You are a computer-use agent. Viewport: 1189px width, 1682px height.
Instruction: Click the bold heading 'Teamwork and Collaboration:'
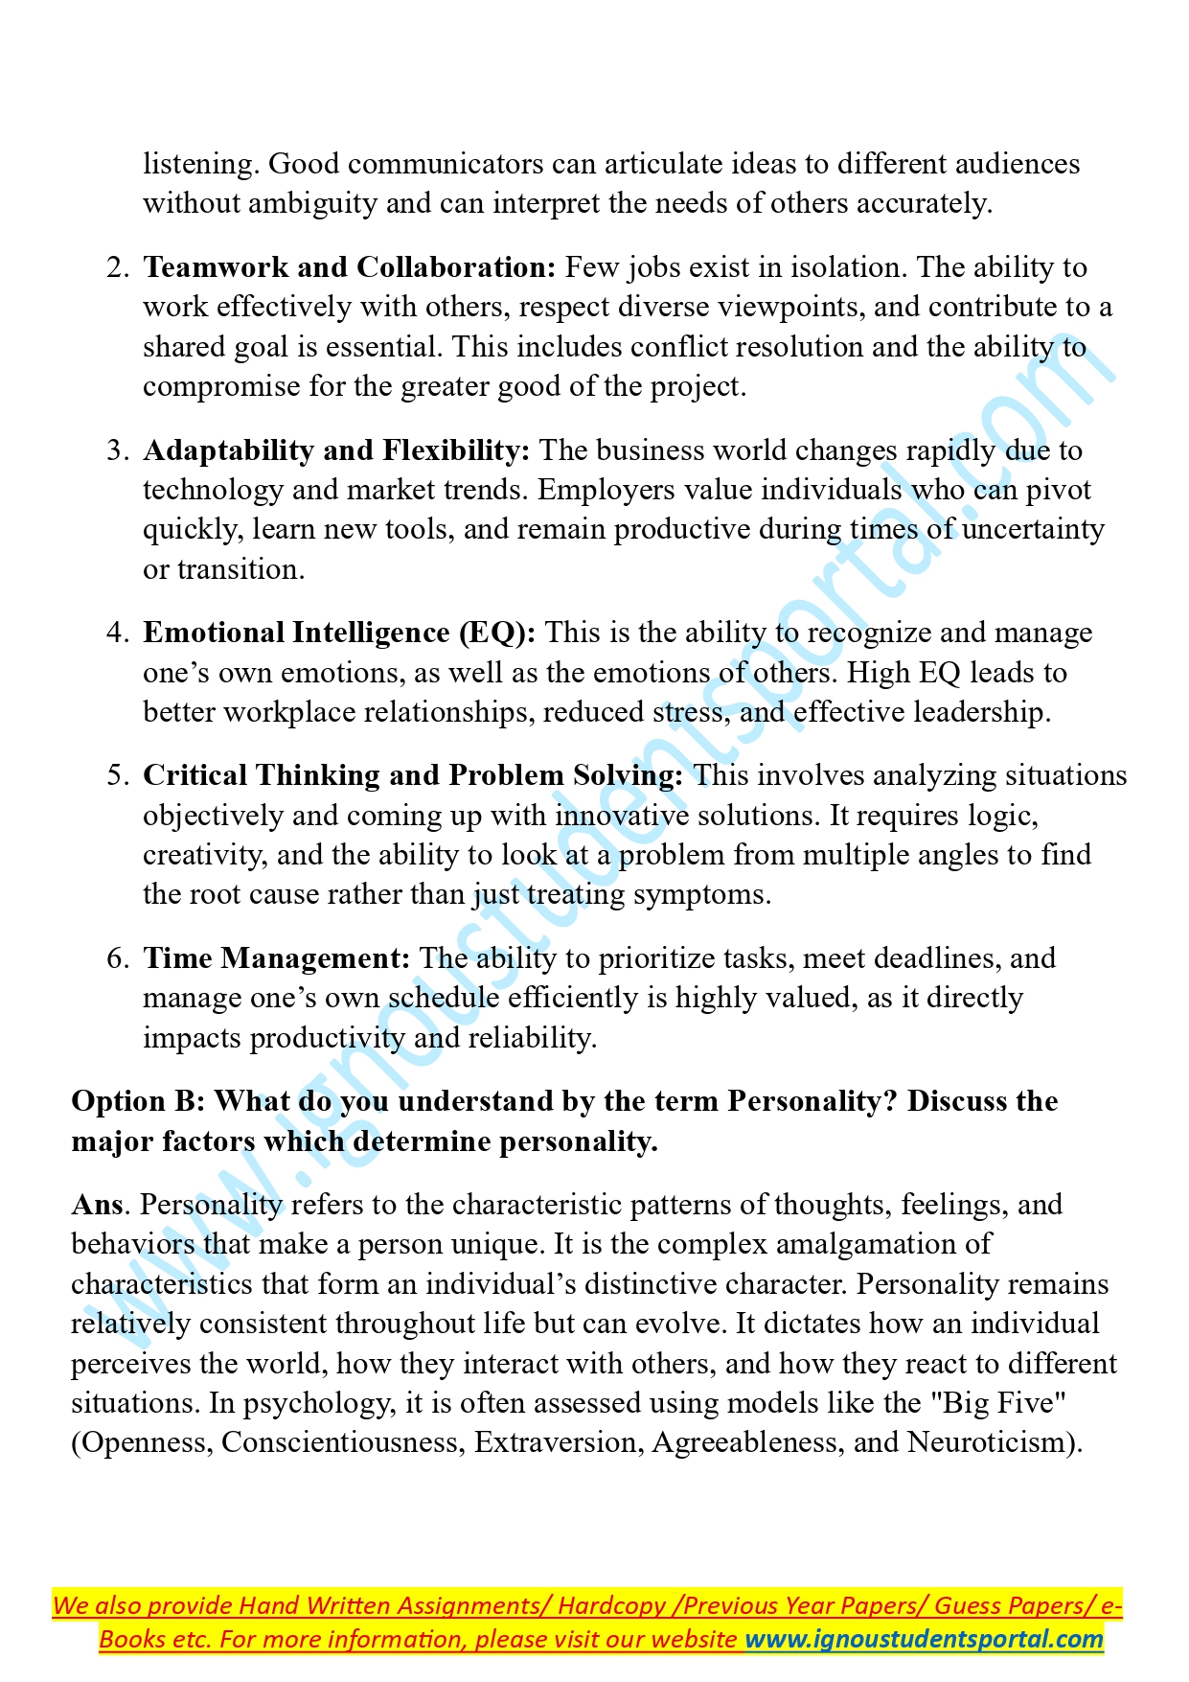[349, 267]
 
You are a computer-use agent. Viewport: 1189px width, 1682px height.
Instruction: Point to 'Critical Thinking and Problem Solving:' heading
[413, 775]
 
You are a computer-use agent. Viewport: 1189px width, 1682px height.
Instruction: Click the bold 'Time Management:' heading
[277, 958]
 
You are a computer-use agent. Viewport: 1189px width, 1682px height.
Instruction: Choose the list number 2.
[118, 267]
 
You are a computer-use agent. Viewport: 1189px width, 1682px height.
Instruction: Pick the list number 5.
[118, 775]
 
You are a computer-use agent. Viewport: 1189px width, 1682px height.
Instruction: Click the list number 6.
[118, 958]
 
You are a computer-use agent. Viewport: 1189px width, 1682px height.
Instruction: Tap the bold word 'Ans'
[98, 1205]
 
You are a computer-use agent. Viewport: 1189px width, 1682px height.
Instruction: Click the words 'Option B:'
[138, 1101]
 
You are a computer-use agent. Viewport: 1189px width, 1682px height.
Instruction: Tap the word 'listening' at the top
[199, 164]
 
